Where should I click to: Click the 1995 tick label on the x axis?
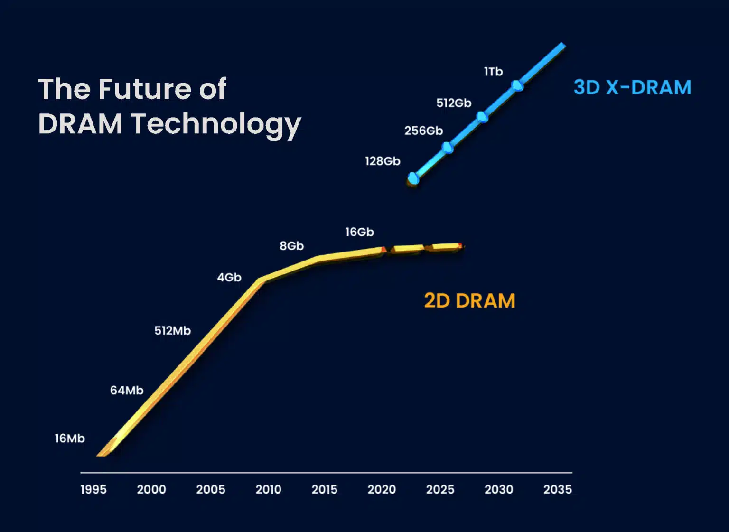[x=93, y=489]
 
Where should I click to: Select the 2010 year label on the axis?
[x=268, y=489]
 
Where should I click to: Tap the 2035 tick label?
[x=557, y=489]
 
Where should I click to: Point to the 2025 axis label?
[x=440, y=489]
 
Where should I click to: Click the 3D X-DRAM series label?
[x=632, y=87]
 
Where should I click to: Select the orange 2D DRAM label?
[x=469, y=300]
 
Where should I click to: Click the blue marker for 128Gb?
[x=413, y=178]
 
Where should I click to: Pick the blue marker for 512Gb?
[x=482, y=117]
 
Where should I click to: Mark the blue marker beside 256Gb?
[x=448, y=148]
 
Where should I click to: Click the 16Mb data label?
[x=70, y=438]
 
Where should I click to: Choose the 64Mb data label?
[x=127, y=390]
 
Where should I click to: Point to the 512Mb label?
[x=172, y=330]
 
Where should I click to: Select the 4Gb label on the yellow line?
[x=229, y=277]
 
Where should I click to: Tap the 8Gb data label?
[x=291, y=246]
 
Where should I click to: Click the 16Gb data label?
[x=359, y=232]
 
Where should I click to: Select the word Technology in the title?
[x=216, y=124]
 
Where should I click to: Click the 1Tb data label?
[x=493, y=72]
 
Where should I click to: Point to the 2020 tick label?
[x=382, y=489]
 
